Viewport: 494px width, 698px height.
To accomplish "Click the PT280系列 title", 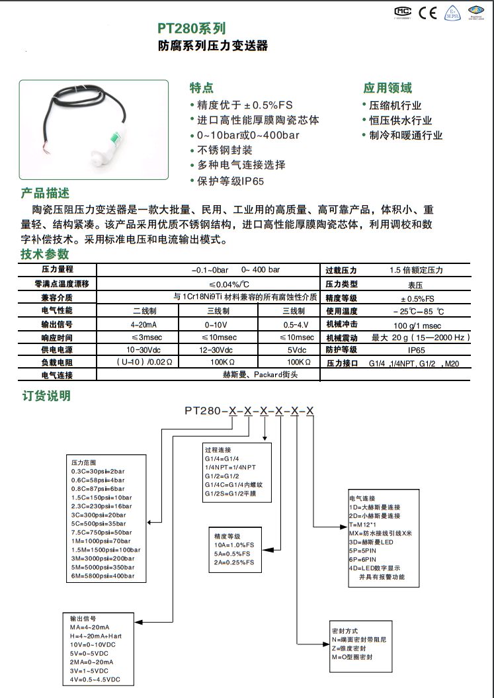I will (x=192, y=28).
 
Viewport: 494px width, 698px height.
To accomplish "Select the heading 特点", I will (x=202, y=88).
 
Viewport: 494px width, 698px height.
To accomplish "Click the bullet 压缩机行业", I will (x=394, y=105).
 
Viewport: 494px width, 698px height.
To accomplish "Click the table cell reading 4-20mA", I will (x=144, y=325).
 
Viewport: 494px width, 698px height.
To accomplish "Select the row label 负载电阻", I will (x=57, y=363).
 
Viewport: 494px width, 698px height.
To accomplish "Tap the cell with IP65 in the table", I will (x=417, y=350).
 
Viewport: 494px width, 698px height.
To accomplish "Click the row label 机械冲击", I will (x=341, y=325).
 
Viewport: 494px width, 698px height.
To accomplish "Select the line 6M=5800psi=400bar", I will (x=103, y=576).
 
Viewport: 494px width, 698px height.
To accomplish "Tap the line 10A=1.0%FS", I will (x=234, y=545).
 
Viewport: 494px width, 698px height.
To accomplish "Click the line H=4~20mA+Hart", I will (x=96, y=636).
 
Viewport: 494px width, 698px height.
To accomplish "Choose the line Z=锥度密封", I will (x=358, y=648).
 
